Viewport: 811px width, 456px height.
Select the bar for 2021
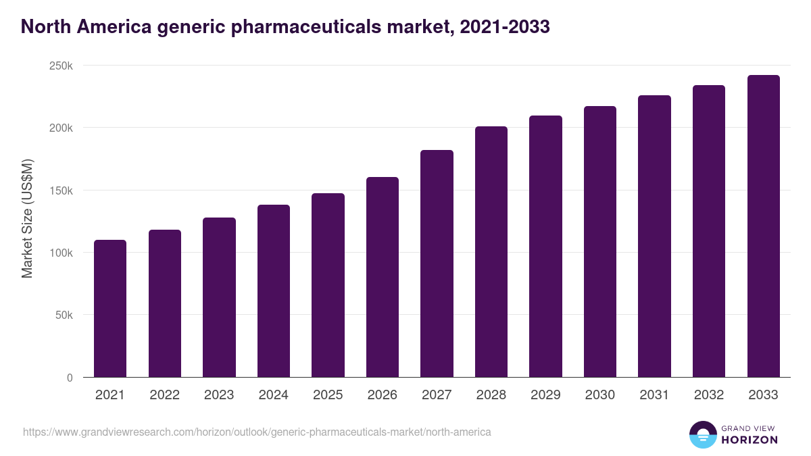pos(110,309)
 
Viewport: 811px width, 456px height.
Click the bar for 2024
pos(274,291)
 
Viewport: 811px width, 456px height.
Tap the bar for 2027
pos(437,263)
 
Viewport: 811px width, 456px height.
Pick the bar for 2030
pos(600,242)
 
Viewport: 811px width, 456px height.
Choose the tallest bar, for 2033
pos(764,226)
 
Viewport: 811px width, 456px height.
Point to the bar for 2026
pos(383,277)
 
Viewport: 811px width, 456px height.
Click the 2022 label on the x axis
pos(164,395)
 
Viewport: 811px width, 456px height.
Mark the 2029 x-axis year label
pos(545,395)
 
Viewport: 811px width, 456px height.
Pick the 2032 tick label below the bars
pos(709,395)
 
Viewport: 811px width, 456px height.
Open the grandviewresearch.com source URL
pos(257,432)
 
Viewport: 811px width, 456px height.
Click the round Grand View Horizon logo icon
pos(702,434)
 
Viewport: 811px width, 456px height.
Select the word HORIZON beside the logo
pos(749,440)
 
